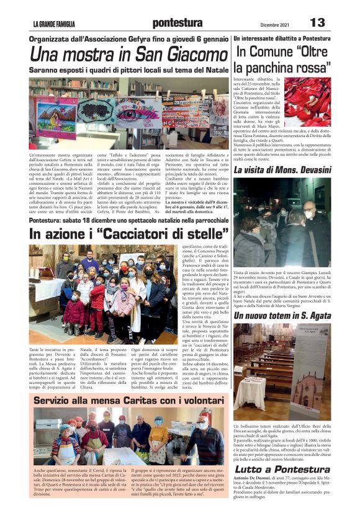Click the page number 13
point(317,23)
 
